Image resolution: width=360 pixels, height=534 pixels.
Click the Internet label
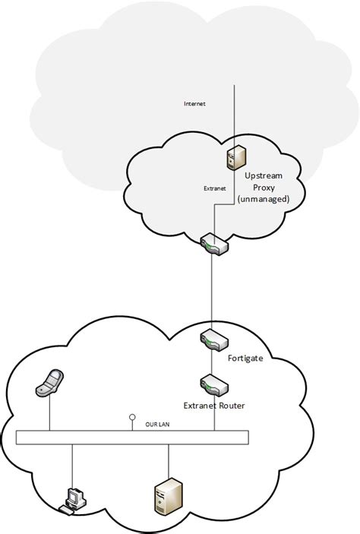tap(194, 103)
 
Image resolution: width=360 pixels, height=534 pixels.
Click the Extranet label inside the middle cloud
tap(215, 188)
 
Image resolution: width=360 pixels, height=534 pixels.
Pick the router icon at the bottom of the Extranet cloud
tap(211, 245)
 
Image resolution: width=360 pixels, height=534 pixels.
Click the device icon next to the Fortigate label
tap(211, 339)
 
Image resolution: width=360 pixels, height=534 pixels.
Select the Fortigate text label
tap(245, 357)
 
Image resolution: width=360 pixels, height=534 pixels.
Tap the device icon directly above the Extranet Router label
tap(211, 384)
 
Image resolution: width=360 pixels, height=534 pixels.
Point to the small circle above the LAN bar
tap(132, 417)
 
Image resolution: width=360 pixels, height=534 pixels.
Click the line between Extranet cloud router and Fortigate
tap(211, 292)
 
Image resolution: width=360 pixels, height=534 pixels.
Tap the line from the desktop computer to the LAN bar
tap(73, 465)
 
